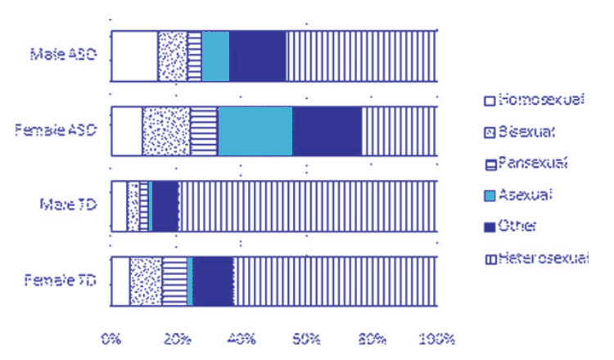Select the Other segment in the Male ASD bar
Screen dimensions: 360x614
[x=257, y=56]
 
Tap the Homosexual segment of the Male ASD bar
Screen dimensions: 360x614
[x=133, y=56]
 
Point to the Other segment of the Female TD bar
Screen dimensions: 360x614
[x=213, y=281]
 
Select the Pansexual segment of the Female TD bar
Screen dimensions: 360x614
[x=174, y=281]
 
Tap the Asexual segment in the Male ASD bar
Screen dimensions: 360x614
[x=215, y=56]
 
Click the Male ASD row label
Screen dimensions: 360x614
[x=64, y=56]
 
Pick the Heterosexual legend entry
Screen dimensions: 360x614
[x=536, y=259]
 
